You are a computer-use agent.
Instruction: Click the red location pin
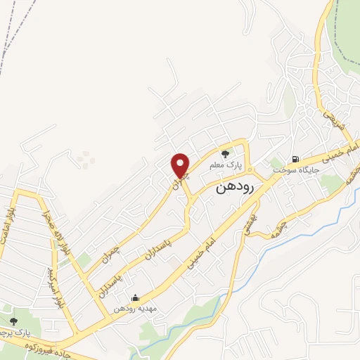[181, 165]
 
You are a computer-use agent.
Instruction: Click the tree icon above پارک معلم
[225, 154]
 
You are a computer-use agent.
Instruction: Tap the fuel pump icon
[295, 158]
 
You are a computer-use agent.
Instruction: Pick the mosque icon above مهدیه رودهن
[135, 297]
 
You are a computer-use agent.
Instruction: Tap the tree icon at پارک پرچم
[13, 321]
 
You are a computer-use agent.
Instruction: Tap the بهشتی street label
[250, 226]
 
